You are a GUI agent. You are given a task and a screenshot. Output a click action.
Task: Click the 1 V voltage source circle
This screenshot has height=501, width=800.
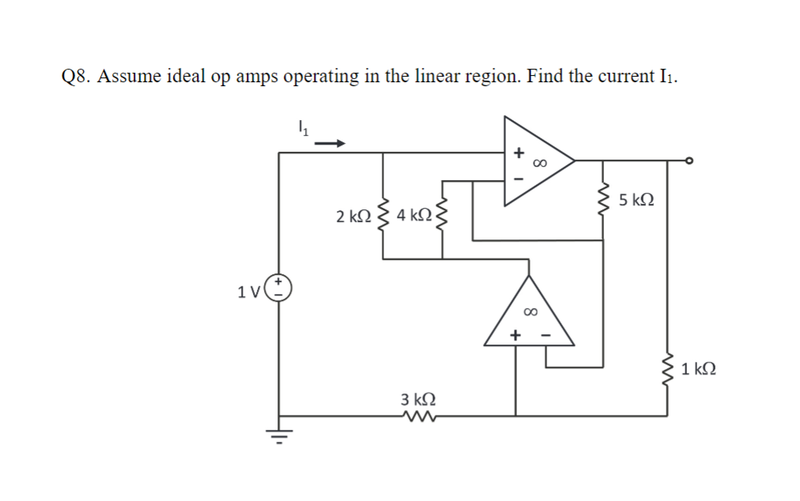point(279,288)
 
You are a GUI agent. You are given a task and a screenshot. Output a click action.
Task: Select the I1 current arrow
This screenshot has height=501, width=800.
point(330,143)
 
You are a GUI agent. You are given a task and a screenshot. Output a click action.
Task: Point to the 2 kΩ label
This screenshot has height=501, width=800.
point(353,216)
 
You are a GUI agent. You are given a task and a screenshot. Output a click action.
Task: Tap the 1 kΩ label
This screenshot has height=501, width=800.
point(699,367)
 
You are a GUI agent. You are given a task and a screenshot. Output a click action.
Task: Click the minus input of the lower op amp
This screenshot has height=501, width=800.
point(545,336)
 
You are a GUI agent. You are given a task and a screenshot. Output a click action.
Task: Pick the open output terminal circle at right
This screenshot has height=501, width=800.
point(689,161)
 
